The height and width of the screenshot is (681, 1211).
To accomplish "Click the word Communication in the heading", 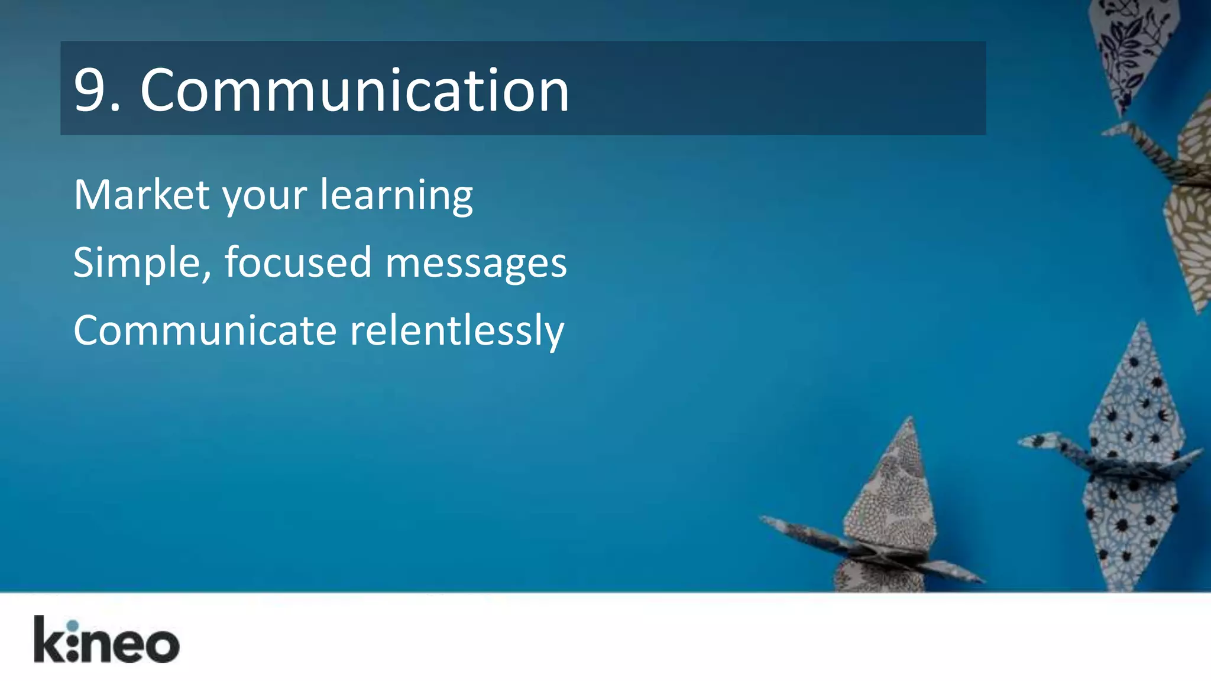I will tap(355, 90).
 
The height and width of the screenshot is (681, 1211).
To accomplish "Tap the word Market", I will tap(141, 194).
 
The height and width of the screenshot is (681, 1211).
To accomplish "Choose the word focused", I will tap(298, 262).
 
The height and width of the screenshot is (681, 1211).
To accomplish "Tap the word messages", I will tap(476, 264).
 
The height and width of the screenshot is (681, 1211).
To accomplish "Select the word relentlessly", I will tap(457, 331).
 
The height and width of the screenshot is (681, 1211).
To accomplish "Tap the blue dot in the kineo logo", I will tap(72, 625).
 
